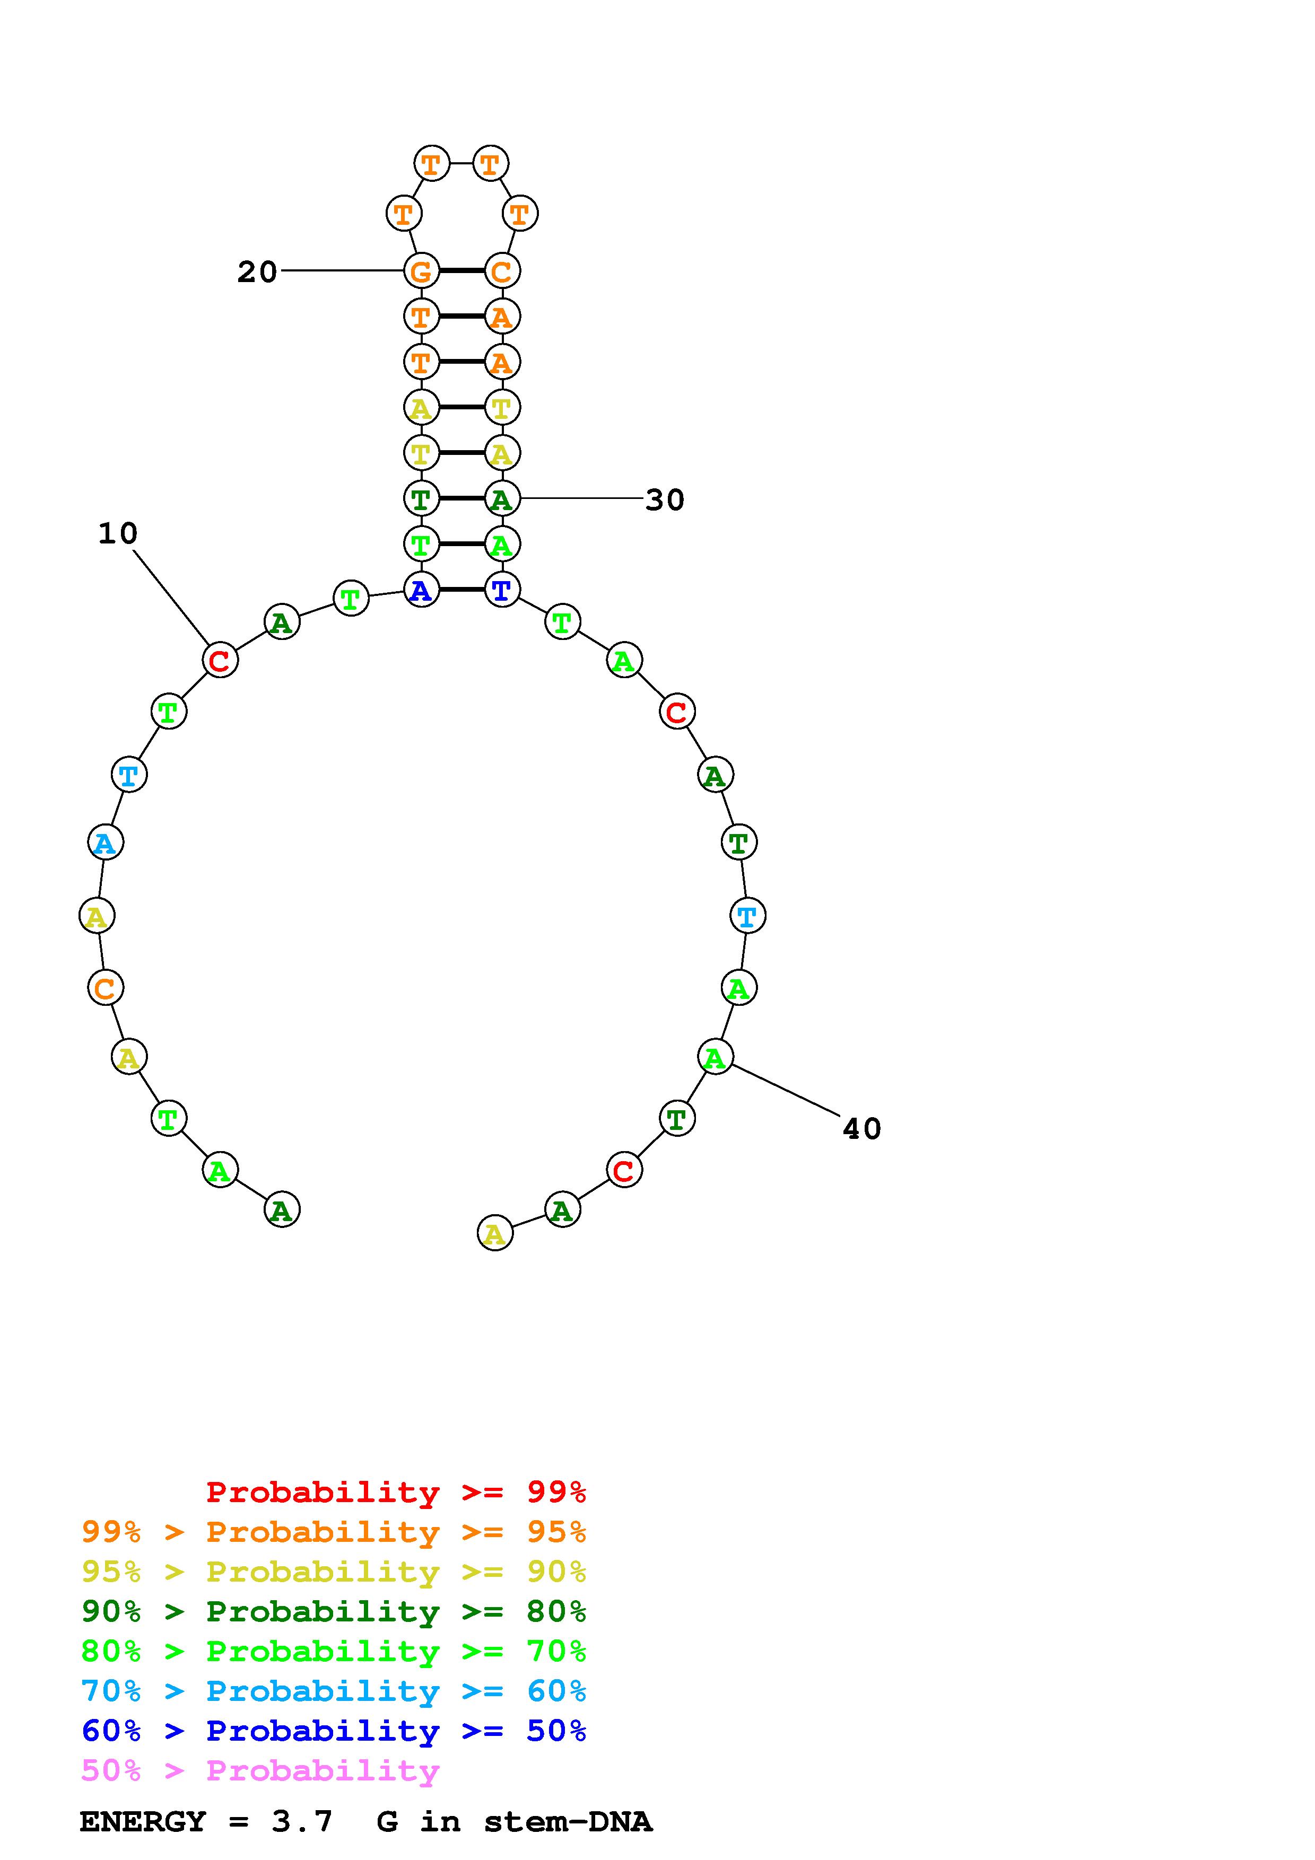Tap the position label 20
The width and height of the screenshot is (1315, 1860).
click(x=257, y=272)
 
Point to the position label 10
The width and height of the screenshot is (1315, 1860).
click(x=118, y=533)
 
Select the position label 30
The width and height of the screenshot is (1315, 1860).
click(x=664, y=500)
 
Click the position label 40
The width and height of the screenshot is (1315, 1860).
click(x=861, y=1128)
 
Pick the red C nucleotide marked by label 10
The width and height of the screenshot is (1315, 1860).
click(x=220, y=660)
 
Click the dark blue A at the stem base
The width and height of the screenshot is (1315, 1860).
click(x=421, y=590)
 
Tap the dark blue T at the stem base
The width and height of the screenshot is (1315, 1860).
click(x=501, y=590)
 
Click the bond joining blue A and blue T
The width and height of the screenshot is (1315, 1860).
click(x=461, y=590)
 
